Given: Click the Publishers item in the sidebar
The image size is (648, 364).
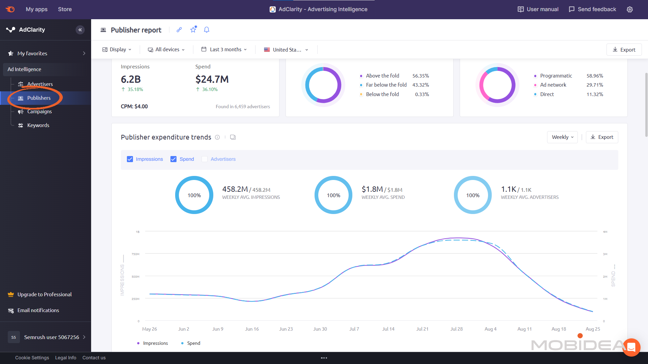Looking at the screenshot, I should pos(38,98).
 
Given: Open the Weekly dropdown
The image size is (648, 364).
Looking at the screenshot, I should pos(562,137).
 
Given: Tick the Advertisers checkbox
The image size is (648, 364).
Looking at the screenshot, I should pos(205,159).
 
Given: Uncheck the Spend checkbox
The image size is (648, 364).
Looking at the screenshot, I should pos(173,159).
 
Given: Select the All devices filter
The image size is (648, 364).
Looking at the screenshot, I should pos(166,50).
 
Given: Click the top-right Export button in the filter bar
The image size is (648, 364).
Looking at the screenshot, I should pos(624,50).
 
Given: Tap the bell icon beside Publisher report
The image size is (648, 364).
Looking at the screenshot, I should pos(207,30).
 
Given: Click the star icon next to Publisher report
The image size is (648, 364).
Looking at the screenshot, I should pos(193,30).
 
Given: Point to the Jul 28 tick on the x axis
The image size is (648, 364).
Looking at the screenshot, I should pos(456,329).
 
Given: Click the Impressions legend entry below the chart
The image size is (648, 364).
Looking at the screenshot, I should pos(155,343).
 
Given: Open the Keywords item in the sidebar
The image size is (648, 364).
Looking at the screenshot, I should pos(38,125).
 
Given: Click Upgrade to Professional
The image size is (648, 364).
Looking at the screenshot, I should pos(44,295).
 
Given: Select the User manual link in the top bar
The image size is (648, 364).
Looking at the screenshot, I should pos(538,9).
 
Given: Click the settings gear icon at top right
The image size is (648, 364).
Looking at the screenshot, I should pos(629,9).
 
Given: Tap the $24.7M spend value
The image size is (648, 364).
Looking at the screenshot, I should pos(212,80).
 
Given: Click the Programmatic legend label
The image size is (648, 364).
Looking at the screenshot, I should pos(556,76).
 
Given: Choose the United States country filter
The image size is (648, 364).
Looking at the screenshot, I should pos(286,50).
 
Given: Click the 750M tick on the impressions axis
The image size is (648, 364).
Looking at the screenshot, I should pos(135,254).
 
